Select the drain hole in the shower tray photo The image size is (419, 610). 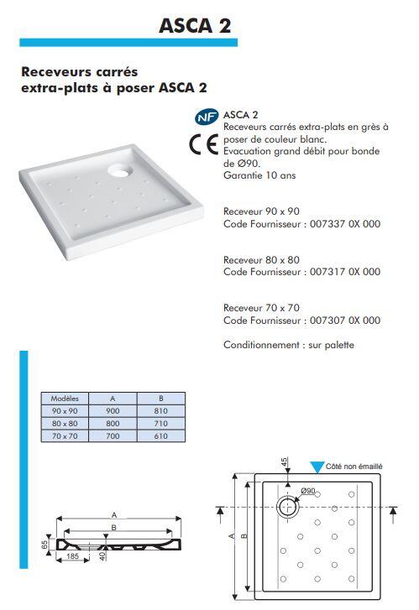[118, 171]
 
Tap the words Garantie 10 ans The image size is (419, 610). [259, 175]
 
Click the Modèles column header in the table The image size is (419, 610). [65, 398]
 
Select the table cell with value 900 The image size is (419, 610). [113, 410]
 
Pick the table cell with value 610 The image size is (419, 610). [161, 436]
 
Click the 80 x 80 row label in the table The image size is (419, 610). [65, 424]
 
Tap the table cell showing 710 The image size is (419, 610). [161, 424]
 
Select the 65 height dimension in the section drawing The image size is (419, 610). [46, 545]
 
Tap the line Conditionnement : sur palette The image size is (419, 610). [288, 345]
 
